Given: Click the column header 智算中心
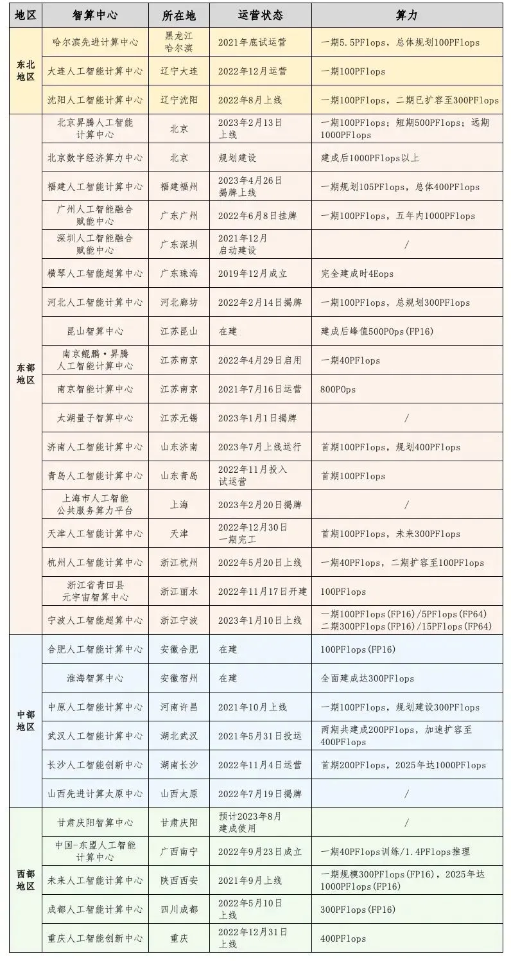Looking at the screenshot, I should pos(95,15).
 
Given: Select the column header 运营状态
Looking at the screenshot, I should pos(260,15).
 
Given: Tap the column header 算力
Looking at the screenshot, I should pos(407,15).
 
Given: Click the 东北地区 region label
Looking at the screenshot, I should pos(26,71).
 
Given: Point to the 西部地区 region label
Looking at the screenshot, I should pos(26,880).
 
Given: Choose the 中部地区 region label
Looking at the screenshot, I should pos(26,721).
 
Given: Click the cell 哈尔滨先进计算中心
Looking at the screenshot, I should pos(95,42).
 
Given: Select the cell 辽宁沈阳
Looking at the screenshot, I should pos(179,100).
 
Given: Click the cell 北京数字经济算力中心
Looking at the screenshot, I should pos(95,158).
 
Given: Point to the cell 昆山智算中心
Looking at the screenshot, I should pos(95,331).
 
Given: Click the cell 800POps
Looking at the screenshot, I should pos(338,389).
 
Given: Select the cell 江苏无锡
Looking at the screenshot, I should pos(179,418).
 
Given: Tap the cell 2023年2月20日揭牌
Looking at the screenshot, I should pos(260,505).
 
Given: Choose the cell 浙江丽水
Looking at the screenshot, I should pos(179,592).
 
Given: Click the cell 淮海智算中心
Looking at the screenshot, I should pos(95,678).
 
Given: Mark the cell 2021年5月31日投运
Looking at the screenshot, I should pos(260,736).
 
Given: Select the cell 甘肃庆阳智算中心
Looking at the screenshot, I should pos(95,823).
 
